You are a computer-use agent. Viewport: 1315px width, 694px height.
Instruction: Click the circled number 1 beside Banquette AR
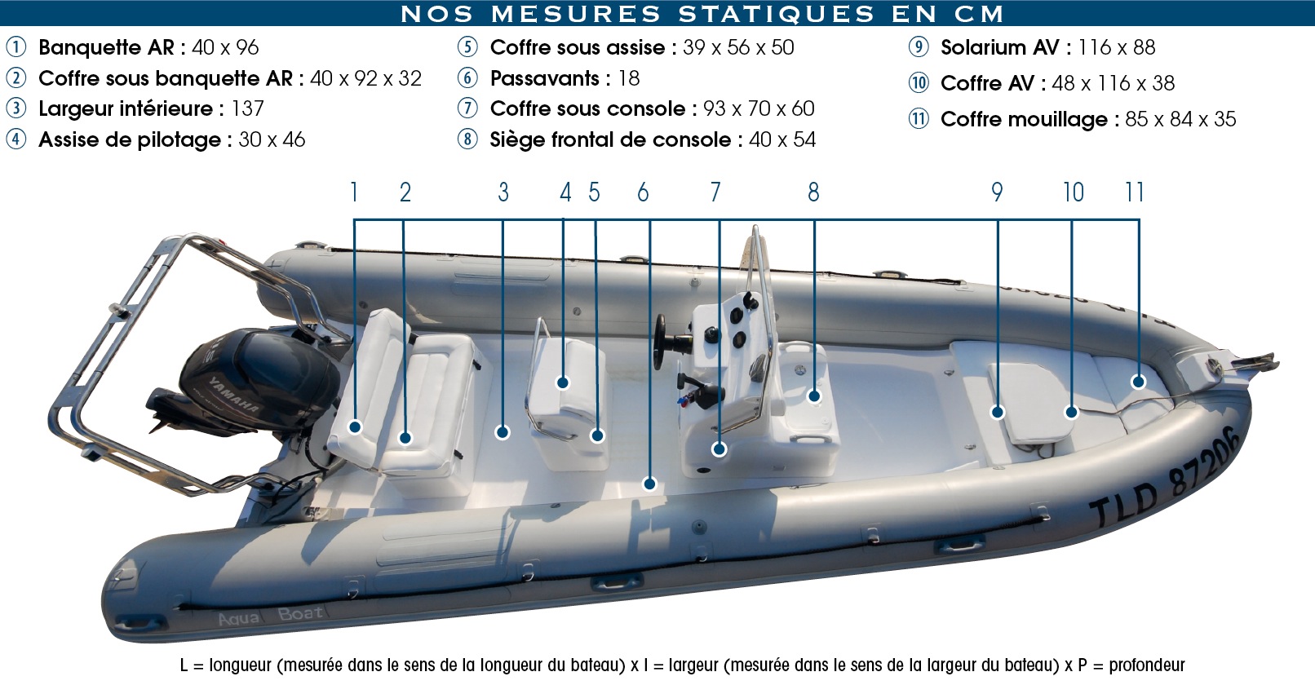pyautogui.click(x=15, y=47)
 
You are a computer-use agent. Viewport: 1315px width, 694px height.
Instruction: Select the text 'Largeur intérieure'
pyautogui.click(x=126, y=109)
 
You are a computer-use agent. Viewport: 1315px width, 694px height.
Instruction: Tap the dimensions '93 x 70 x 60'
pyautogui.click(x=759, y=108)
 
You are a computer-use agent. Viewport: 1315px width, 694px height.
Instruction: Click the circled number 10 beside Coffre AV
pyautogui.click(x=919, y=82)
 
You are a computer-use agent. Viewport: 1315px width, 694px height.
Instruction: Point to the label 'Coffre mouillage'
pyautogui.click(x=1024, y=120)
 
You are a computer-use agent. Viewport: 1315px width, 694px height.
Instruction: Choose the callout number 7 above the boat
pyautogui.click(x=715, y=192)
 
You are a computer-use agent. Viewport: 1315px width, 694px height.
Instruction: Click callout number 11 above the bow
pyautogui.click(x=1134, y=192)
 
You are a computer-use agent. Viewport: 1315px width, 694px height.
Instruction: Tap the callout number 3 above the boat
pyautogui.click(x=503, y=192)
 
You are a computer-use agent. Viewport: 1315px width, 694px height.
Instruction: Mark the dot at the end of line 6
pyautogui.click(x=649, y=484)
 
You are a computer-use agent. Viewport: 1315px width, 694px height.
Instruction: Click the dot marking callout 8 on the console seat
pyautogui.click(x=814, y=396)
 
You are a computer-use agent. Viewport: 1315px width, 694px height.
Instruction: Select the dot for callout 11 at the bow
pyautogui.click(x=1138, y=382)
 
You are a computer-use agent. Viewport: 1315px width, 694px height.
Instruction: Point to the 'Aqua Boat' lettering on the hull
pyautogui.click(x=271, y=616)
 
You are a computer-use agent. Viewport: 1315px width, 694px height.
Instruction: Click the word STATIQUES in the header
pyautogui.click(x=776, y=14)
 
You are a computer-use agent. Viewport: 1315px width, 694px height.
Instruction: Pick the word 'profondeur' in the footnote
pyautogui.click(x=1146, y=665)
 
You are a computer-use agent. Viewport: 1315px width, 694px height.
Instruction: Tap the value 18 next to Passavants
pyautogui.click(x=629, y=78)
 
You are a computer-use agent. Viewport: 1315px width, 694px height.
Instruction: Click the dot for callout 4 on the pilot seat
pyautogui.click(x=562, y=383)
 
